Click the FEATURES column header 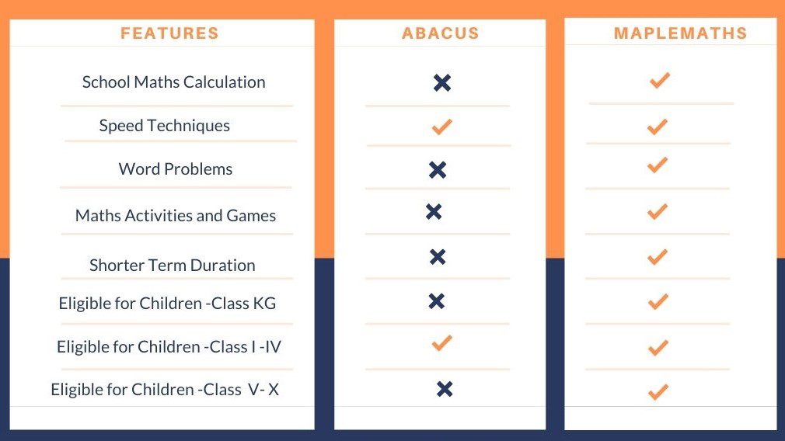[169, 33]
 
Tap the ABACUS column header [440, 33]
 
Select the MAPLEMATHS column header [680, 33]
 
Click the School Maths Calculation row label [173, 82]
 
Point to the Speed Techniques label [164, 126]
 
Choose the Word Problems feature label [175, 169]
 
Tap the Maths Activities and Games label [175, 216]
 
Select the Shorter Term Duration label [172, 266]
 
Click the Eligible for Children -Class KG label [167, 304]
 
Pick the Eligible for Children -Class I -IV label [169, 347]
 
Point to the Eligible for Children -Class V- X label [164, 390]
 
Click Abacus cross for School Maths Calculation [442, 83]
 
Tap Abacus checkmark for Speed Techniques [441, 127]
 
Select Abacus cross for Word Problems [438, 170]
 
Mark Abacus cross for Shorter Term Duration [438, 257]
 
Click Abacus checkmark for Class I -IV [441, 342]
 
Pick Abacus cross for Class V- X [445, 389]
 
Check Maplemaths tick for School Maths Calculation [659, 80]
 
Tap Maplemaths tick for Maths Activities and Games [658, 211]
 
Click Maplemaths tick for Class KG [658, 301]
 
